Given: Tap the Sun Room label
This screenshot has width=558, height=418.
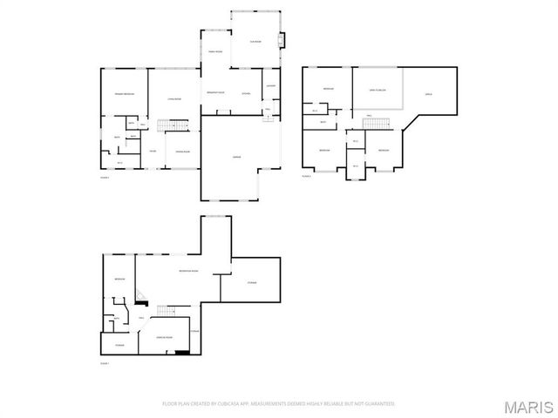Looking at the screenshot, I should (x=255, y=41).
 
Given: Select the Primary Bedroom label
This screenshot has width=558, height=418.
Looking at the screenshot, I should (x=122, y=93).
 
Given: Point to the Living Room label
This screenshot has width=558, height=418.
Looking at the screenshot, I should (x=174, y=99).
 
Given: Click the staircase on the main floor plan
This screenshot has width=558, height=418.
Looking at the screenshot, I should (x=179, y=127).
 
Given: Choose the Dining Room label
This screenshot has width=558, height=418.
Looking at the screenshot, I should (x=183, y=152).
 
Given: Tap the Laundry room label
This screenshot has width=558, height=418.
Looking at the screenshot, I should (x=270, y=85).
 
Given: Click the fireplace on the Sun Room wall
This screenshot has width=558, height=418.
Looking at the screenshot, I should (x=280, y=40).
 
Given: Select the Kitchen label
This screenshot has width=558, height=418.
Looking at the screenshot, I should (x=246, y=93).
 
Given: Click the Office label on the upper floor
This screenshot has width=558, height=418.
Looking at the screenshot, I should (x=428, y=93).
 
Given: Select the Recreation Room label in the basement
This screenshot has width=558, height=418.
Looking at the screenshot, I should (x=186, y=271).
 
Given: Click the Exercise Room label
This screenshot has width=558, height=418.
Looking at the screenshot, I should (x=163, y=335).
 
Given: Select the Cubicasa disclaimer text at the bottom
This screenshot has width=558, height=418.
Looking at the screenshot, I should (x=278, y=403).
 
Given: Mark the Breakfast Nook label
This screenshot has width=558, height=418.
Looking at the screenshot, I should (x=215, y=93).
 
